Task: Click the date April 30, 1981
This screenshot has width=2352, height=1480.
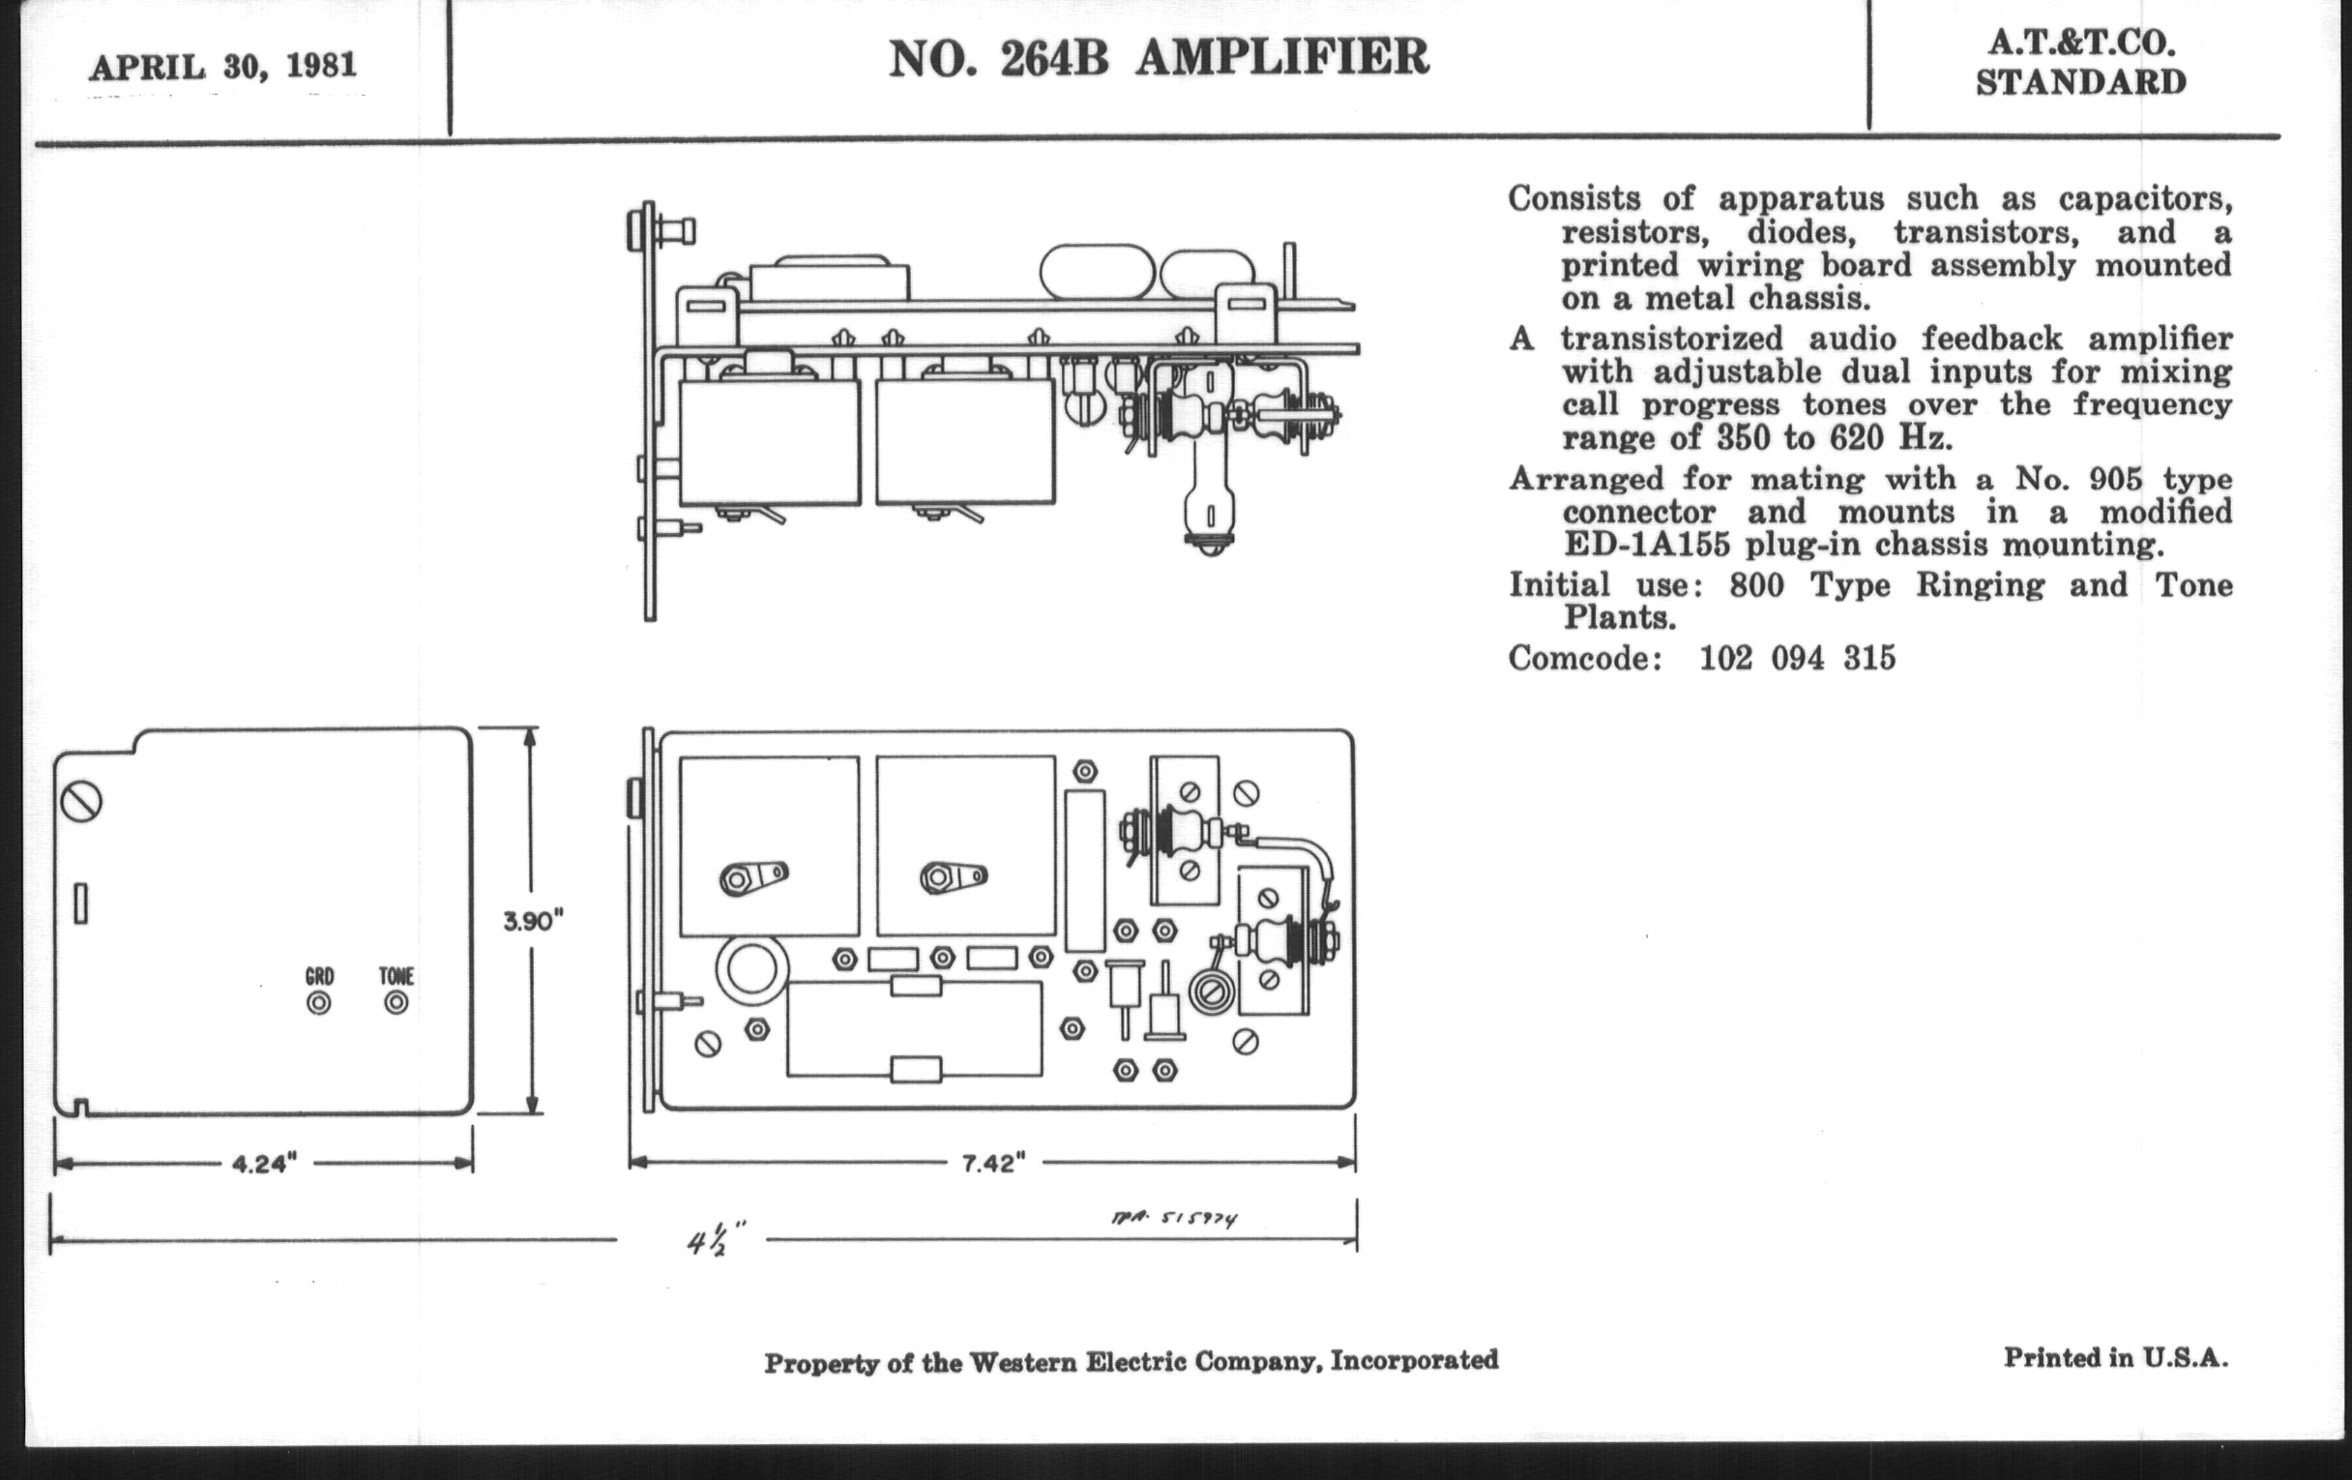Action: (222, 67)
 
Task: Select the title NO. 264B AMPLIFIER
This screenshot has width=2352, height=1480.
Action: (1159, 58)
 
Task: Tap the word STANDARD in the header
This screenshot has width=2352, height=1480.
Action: (2080, 83)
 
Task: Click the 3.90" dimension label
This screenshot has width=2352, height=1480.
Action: (533, 921)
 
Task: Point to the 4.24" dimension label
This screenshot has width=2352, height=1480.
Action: (264, 1164)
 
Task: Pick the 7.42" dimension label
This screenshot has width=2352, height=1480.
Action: (993, 1163)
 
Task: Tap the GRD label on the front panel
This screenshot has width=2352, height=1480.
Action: (319, 976)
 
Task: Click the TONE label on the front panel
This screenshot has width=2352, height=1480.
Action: (397, 976)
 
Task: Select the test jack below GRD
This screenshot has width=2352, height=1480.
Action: (318, 1003)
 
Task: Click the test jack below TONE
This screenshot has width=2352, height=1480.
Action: (396, 1002)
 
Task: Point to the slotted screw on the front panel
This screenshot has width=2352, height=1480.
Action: (81, 803)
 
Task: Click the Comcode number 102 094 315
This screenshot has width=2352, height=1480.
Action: (1797, 659)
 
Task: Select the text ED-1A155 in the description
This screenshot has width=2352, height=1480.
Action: (1633, 545)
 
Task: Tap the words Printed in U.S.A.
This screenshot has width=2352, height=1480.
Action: (2116, 1357)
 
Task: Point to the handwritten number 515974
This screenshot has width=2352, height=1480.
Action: (1198, 1218)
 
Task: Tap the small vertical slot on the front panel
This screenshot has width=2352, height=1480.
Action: (81, 903)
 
